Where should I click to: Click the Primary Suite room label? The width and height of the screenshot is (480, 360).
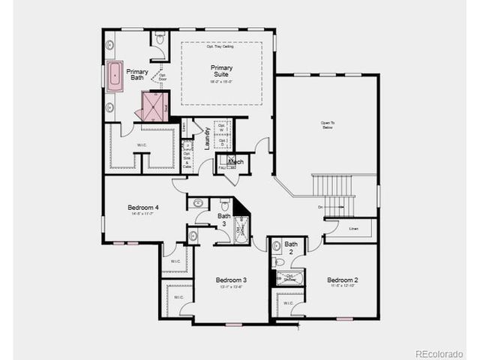pos(221,71)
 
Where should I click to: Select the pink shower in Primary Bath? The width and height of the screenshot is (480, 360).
pos(154,106)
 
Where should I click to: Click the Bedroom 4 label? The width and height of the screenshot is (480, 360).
pos(142,208)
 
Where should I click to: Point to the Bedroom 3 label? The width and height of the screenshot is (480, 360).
pos(231,280)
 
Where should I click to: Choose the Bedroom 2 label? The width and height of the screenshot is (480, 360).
pos(342,280)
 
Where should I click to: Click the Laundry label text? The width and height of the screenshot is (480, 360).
pos(207,138)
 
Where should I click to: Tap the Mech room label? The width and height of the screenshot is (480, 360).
pos(235,161)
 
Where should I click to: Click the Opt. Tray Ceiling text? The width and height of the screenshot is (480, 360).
pos(221,46)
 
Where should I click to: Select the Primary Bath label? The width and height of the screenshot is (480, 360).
pos(137,74)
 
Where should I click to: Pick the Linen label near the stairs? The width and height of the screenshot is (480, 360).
pos(354,229)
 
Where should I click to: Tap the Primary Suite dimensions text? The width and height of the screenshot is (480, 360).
pos(221,81)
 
